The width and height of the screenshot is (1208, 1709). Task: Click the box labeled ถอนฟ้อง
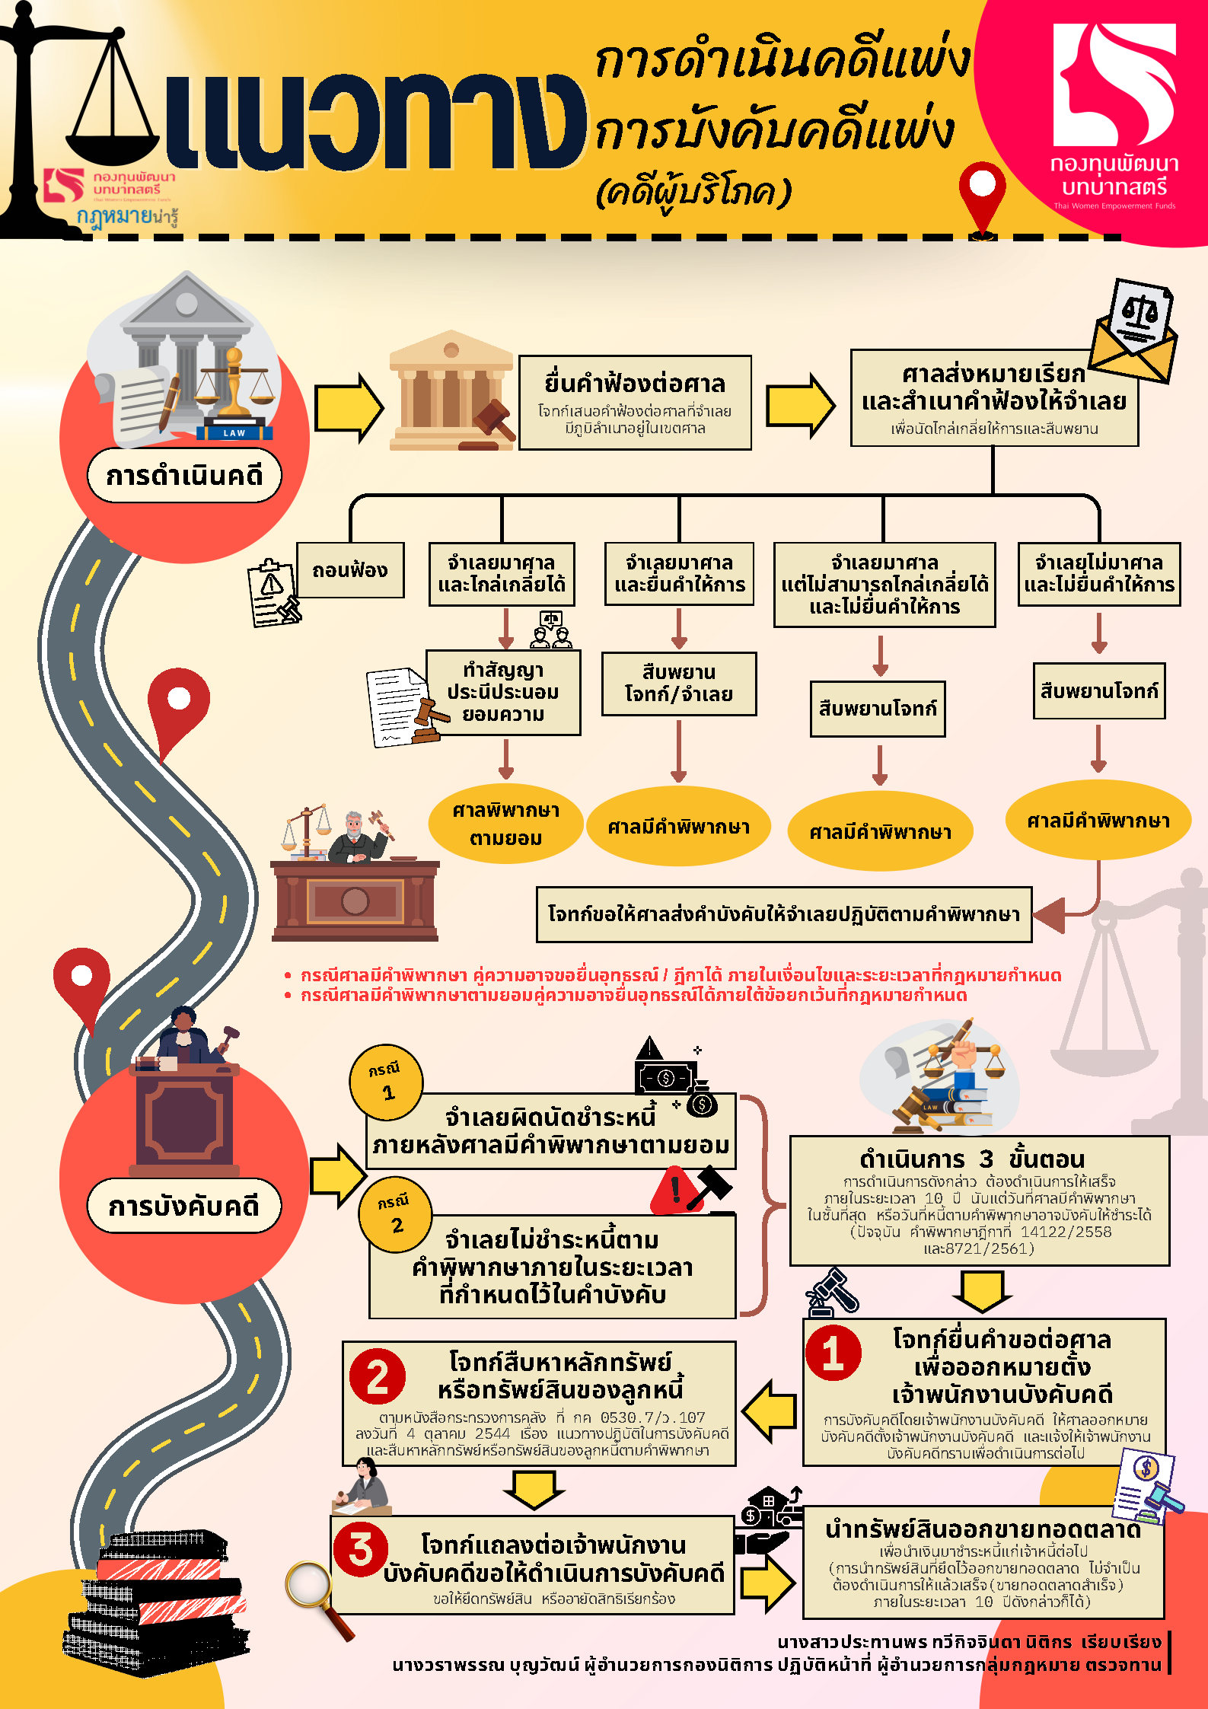(350, 569)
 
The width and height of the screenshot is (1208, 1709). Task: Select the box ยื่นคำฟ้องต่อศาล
(635, 402)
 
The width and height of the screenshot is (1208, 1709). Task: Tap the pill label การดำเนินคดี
(184, 476)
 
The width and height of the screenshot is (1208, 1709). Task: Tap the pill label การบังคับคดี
(184, 1206)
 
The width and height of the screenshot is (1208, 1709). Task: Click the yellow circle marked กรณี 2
(395, 1214)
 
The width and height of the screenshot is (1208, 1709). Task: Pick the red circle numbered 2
(378, 1377)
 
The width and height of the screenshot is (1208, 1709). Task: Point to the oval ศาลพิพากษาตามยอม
(505, 824)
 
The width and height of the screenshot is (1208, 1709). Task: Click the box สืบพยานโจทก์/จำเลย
(679, 683)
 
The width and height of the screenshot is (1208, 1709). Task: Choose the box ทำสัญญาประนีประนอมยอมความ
(503, 692)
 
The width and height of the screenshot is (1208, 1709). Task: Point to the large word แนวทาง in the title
(373, 122)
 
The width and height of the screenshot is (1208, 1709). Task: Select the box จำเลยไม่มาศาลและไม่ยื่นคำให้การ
(1099, 574)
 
